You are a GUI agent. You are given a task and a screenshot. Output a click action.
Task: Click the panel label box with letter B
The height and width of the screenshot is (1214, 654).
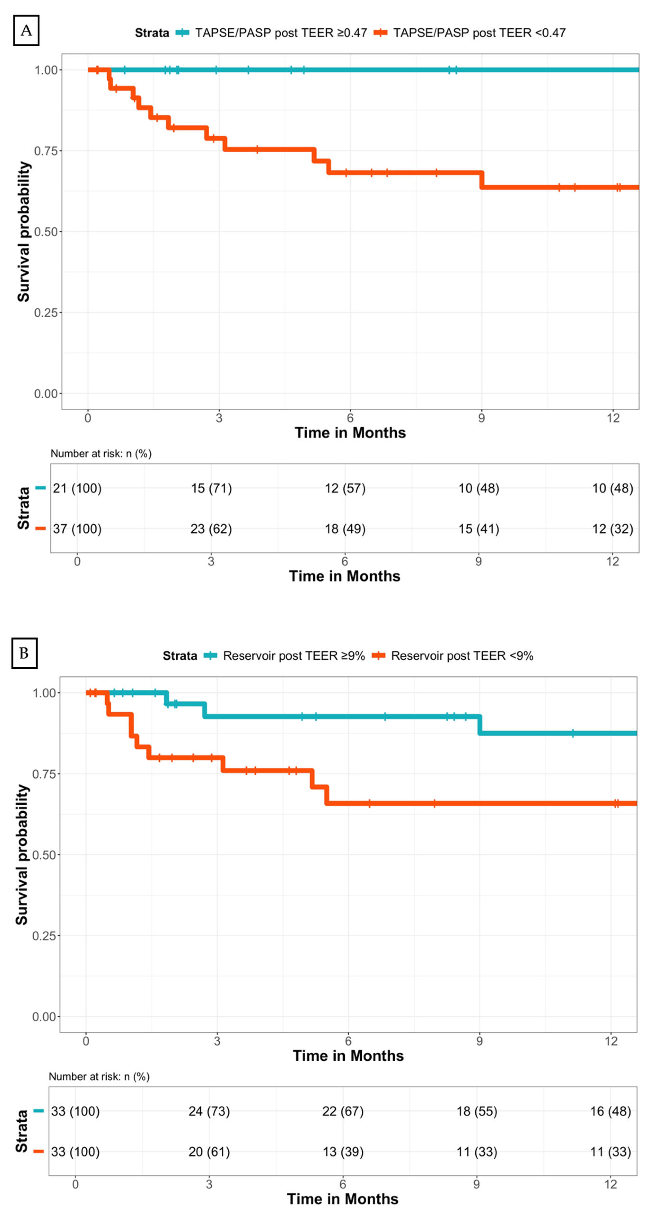(x=24, y=653)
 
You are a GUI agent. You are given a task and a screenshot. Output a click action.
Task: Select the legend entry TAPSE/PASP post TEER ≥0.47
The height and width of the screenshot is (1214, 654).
(x=280, y=32)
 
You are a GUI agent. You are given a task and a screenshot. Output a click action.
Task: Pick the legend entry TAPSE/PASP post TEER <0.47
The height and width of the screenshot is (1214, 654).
(x=479, y=32)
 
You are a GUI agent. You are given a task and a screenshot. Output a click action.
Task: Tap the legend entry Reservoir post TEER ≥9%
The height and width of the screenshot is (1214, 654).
(x=293, y=656)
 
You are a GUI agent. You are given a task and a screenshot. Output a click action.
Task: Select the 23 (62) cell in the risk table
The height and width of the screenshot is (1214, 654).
(x=211, y=529)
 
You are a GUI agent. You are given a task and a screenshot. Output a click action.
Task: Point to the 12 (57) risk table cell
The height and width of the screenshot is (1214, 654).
(x=345, y=488)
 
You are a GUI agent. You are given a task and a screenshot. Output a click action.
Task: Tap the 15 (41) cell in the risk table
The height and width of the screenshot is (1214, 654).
(x=479, y=529)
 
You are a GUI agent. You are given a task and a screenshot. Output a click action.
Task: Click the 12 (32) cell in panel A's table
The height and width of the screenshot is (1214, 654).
(x=613, y=529)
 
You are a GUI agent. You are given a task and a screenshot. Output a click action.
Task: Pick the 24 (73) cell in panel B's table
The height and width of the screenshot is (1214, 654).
(x=209, y=1111)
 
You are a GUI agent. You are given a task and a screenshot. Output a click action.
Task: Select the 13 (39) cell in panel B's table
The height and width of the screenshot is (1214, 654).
(x=343, y=1152)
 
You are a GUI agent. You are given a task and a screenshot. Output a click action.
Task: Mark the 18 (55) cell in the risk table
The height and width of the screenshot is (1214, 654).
(x=477, y=1111)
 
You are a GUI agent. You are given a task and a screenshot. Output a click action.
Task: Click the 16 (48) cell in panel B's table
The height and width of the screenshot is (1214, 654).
(x=611, y=1111)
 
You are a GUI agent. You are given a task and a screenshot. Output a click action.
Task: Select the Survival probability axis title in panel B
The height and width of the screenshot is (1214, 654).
(x=22, y=854)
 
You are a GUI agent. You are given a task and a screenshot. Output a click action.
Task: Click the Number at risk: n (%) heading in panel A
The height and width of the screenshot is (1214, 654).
(x=101, y=453)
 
